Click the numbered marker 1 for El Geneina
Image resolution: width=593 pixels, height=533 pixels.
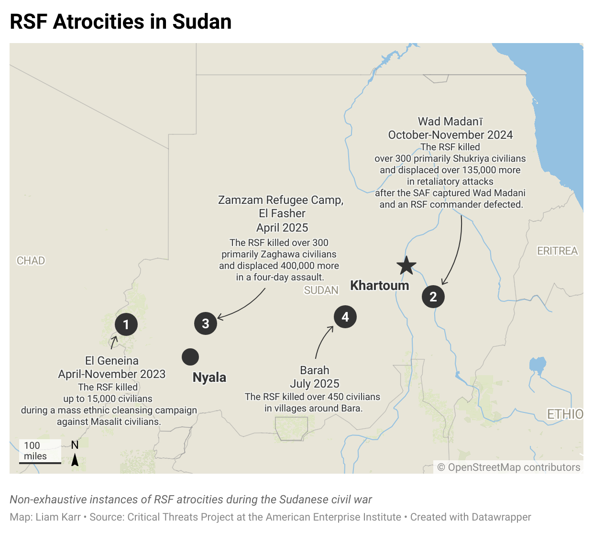click(x=126, y=324)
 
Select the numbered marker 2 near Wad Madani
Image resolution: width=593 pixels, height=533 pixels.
click(x=433, y=297)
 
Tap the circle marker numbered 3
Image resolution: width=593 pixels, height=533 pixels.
click(x=206, y=323)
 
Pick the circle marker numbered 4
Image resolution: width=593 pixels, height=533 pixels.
click(x=345, y=317)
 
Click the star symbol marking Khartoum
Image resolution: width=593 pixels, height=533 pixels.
click(x=406, y=266)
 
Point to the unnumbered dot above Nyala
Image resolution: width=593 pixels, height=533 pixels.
click(x=190, y=356)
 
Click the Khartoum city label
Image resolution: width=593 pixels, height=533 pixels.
click(x=380, y=286)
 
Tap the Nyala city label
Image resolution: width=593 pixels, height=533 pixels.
click(x=209, y=378)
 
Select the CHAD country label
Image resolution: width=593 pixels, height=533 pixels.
click(x=31, y=261)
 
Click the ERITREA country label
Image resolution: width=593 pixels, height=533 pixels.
click(x=558, y=251)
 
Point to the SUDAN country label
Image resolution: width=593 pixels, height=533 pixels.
click(x=321, y=290)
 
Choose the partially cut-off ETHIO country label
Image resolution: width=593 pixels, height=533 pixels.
click(x=565, y=414)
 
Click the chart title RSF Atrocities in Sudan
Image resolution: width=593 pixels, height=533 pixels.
click(x=121, y=22)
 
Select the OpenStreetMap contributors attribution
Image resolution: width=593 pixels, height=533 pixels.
click(x=509, y=467)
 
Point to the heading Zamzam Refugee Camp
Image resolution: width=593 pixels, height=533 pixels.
click(x=281, y=200)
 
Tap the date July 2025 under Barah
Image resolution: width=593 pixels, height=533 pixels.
click(x=315, y=384)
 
